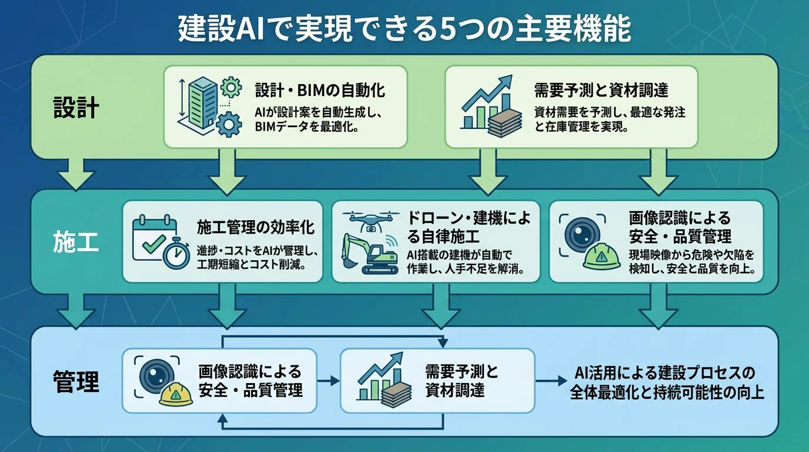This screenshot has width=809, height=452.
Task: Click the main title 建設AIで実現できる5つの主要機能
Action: [404, 28]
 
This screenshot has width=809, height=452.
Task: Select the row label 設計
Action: [76, 108]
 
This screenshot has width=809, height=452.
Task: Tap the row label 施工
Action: [76, 242]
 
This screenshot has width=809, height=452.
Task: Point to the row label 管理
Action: [76, 381]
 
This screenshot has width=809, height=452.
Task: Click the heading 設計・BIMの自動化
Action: [320, 91]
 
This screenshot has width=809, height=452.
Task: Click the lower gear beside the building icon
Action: [228, 124]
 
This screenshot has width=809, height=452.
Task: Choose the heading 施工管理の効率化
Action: [255, 227]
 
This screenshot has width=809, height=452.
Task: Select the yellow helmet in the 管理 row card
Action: [176, 394]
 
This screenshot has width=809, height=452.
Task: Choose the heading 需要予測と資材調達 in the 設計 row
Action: [601, 91]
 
